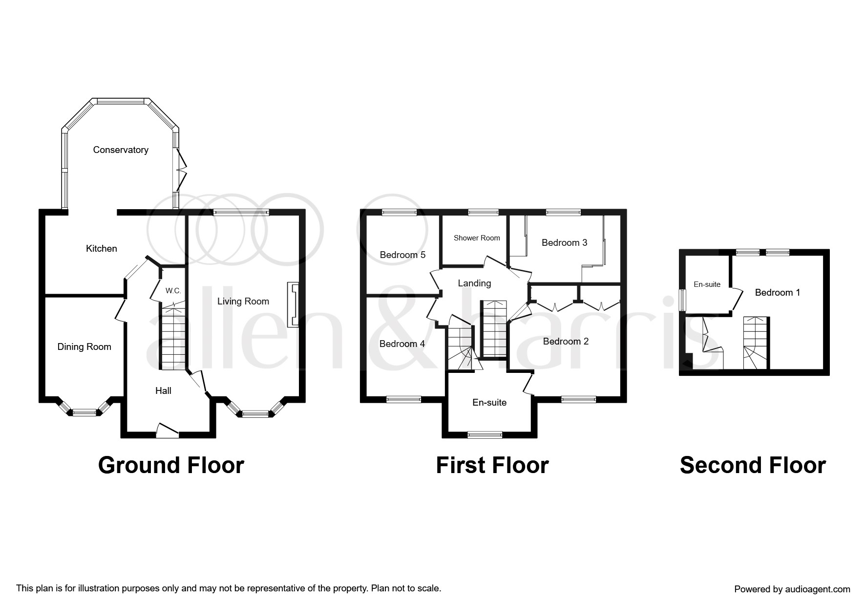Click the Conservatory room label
(x=121, y=150)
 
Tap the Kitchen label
(x=102, y=249)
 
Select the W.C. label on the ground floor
(x=173, y=291)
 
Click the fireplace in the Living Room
(x=293, y=304)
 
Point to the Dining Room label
(x=84, y=347)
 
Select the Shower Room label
(x=477, y=238)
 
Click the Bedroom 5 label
(x=403, y=255)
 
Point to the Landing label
(x=474, y=283)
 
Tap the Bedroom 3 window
(x=563, y=213)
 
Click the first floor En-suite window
(x=485, y=434)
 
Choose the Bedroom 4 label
(x=402, y=344)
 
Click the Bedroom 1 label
(x=778, y=293)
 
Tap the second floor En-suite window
(x=682, y=300)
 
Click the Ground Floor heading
(x=171, y=465)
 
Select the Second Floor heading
(x=753, y=465)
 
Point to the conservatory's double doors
(x=181, y=170)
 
